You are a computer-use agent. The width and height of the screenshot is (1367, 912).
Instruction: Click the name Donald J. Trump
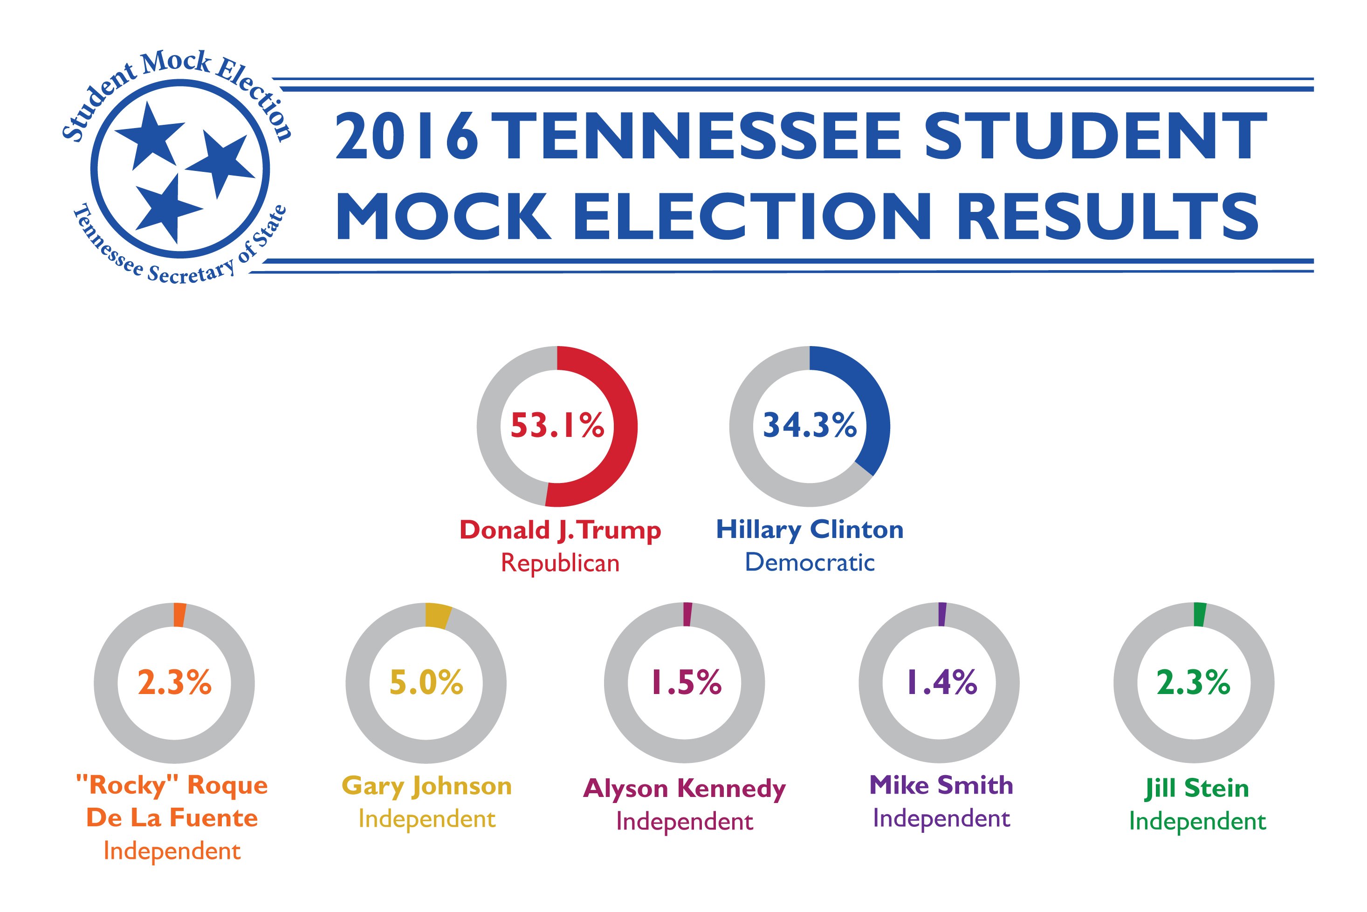coord(560,531)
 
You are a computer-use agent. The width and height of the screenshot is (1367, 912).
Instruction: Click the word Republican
coord(560,563)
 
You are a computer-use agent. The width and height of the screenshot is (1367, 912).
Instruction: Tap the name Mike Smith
coord(941,786)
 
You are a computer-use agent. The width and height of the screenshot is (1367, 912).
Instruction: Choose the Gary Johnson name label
coord(426,786)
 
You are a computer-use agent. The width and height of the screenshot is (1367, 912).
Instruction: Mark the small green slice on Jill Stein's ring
coord(1199,615)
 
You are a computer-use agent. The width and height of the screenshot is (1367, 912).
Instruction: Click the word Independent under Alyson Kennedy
coord(684,822)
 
